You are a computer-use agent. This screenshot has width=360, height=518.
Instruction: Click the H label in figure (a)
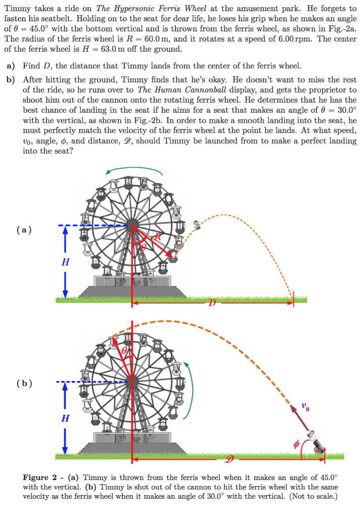tap(65, 262)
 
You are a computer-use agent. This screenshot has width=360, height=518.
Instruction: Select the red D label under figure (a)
tap(212, 303)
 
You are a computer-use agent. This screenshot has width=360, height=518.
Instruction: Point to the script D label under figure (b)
tap(230, 460)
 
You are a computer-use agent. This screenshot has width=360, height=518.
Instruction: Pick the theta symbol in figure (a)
tap(143, 246)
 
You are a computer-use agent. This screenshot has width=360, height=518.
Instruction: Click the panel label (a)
tap(24, 230)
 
